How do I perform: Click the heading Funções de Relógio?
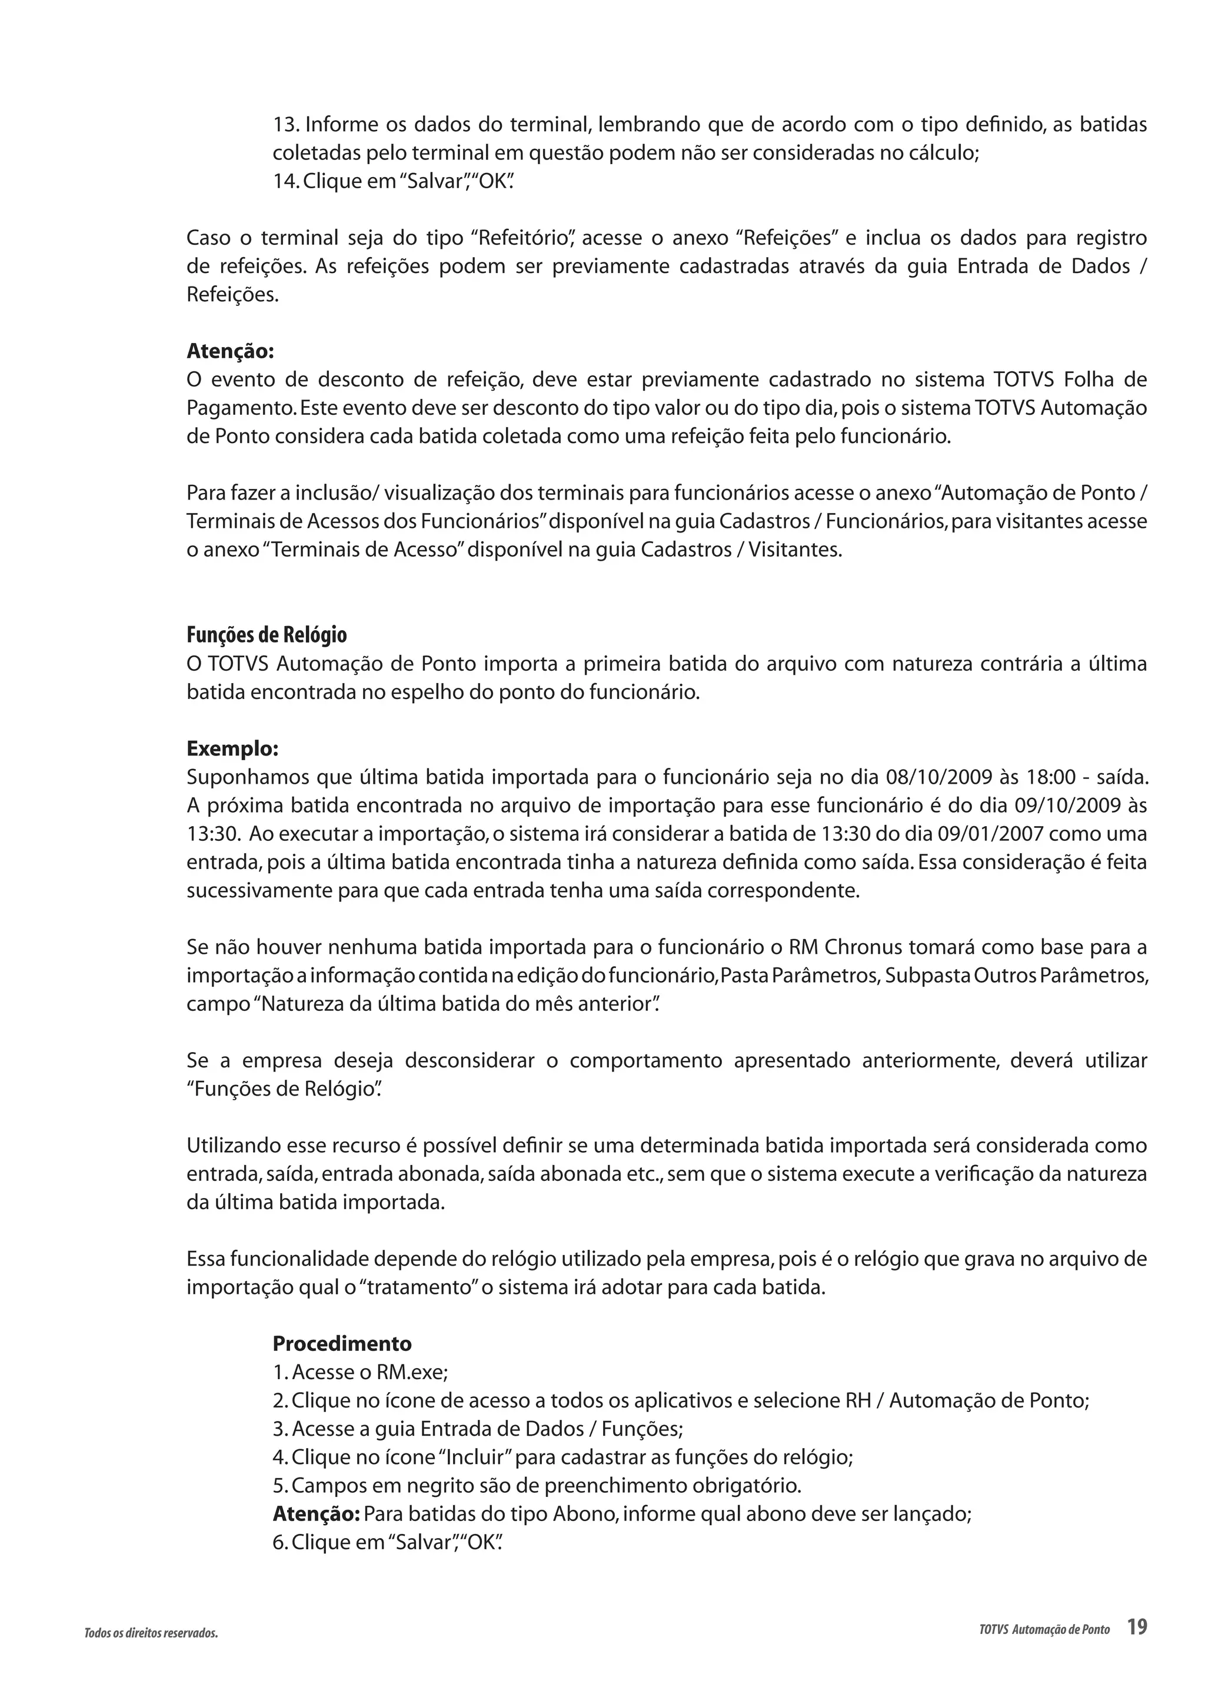point(267,635)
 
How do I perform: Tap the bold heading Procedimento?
point(342,1343)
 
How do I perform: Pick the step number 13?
point(286,124)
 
